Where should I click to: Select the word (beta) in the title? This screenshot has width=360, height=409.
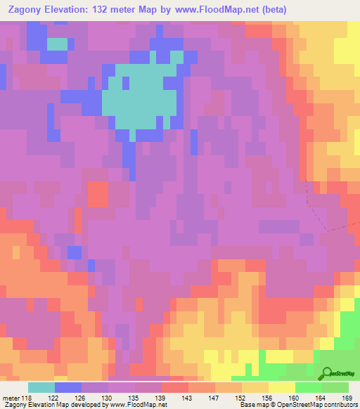pos(299,9)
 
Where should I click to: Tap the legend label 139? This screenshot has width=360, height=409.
pos(161,398)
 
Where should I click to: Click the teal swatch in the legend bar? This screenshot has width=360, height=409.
pos(41,387)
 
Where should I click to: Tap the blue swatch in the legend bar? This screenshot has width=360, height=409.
pos(68,387)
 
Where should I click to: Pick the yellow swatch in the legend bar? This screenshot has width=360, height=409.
pos(281,387)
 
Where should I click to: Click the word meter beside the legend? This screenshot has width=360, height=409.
pos(10,398)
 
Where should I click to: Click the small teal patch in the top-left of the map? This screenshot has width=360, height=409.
pos(57,44)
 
